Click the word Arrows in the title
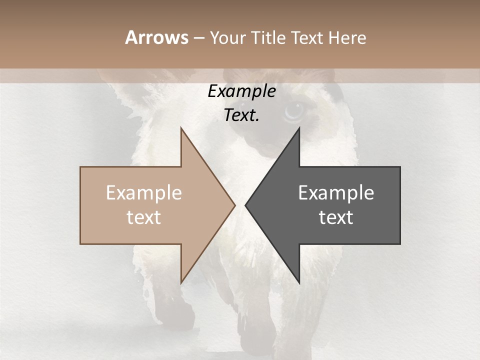[156, 37]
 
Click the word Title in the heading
[269, 37]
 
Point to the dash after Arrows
[198, 38]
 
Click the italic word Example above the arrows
[242, 91]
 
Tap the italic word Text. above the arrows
[242, 115]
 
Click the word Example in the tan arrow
[144, 193]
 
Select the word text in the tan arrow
[144, 217]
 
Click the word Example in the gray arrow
[336, 193]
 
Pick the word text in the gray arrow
[336, 217]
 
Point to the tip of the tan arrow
[234, 205]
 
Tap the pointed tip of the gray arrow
[245, 205]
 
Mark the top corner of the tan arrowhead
[181, 128]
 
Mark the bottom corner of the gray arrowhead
[299, 282]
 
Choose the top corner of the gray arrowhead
[299, 128]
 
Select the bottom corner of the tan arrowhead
[181, 282]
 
